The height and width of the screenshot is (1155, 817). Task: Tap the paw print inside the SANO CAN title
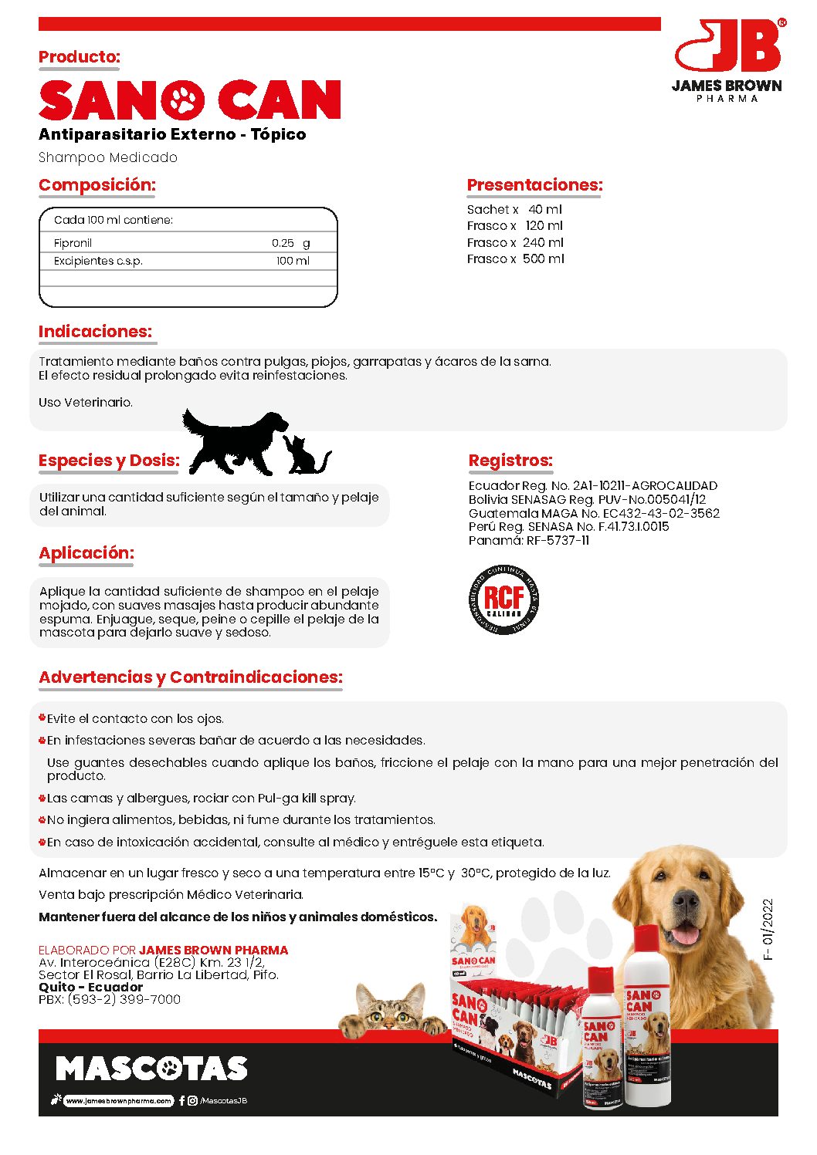tap(182, 100)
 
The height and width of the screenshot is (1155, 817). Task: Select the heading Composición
tap(97, 185)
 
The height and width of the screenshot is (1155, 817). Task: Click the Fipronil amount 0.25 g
tap(290, 243)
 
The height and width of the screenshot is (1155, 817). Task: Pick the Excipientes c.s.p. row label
tap(98, 261)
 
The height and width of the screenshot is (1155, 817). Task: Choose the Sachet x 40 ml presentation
tap(514, 209)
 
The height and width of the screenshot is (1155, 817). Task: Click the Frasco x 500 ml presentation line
tap(515, 259)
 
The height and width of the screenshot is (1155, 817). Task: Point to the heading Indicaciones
tap(96, 332)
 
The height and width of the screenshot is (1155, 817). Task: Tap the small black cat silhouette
tap(304, 456)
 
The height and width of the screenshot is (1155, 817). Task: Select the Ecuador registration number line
tap(592, 485)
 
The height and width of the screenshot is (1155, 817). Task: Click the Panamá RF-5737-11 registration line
tap(528, 541)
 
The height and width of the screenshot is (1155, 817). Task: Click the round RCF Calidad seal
tap(504, 600)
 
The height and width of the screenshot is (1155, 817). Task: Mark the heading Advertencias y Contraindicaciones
tap(191, 677)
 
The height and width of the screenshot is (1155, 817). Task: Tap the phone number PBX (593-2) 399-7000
tap(110, 999)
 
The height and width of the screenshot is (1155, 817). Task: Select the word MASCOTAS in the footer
tap(151, 1069)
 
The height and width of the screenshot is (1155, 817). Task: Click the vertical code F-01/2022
tap(767, 929)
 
